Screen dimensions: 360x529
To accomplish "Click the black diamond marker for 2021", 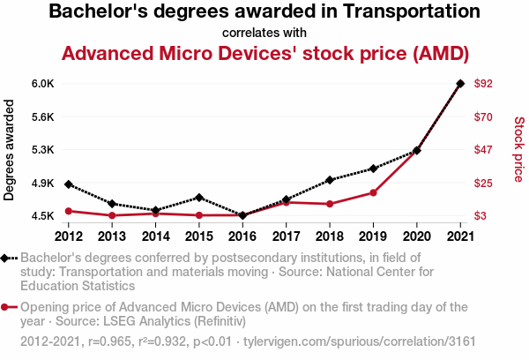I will pyautogui.click(x=460, y=84).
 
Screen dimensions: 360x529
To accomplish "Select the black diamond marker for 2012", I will pyautogui.click(x=69, y=184).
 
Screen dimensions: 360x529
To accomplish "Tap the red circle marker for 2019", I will pyautogui.click(x=373, y=192).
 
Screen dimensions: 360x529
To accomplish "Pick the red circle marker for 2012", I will pyautogui.click(x=69, y=211).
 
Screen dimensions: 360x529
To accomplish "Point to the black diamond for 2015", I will pyautogui.click(x=199, y=198).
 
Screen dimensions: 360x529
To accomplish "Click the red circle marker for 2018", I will pyautogui.click(x=330, y=204).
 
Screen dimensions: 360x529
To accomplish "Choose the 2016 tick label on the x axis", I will pyautogui.click(x=242, y=236).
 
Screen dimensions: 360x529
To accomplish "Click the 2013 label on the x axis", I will pyautogui.click(x=112, y=236).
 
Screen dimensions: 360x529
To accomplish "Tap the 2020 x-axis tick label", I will pyautogui.click(x=416, y=236).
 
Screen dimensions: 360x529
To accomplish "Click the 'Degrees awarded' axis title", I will pyautogui.click(x=10, y=149).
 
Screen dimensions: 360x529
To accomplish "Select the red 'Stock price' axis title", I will pyautogui.click(x=518, y=149).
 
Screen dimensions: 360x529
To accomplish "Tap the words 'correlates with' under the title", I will pyautogui.click(x=264, y=33).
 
